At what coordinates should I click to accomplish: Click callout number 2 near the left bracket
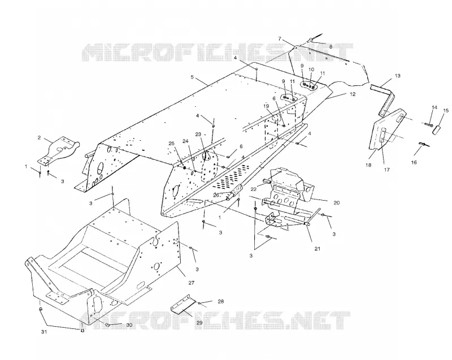tap(39, 138)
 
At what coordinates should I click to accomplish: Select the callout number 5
tap(192, 77)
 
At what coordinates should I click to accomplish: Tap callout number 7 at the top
tap(279, 38)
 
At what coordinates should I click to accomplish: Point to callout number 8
tap(331, 46)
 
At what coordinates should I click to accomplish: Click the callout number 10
tap(311, 70)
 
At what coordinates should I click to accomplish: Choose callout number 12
tap(353, 94)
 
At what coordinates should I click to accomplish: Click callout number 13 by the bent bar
tap(398, 76)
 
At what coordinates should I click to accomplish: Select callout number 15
tap(446, 110)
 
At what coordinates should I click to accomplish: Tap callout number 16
tap(414, 163)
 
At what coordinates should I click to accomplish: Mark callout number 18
tap(368, 165)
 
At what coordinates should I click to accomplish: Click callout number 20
tap(336, 203)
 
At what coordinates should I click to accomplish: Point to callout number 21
tap(317, 249)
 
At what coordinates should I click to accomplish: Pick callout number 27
tap(192, 283)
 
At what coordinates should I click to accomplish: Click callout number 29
tap(199, 323)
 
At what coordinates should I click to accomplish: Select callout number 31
tap(44, 332)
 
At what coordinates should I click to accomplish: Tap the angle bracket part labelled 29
tap(182, 305)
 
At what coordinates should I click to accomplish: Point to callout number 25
tap(172, 143)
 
